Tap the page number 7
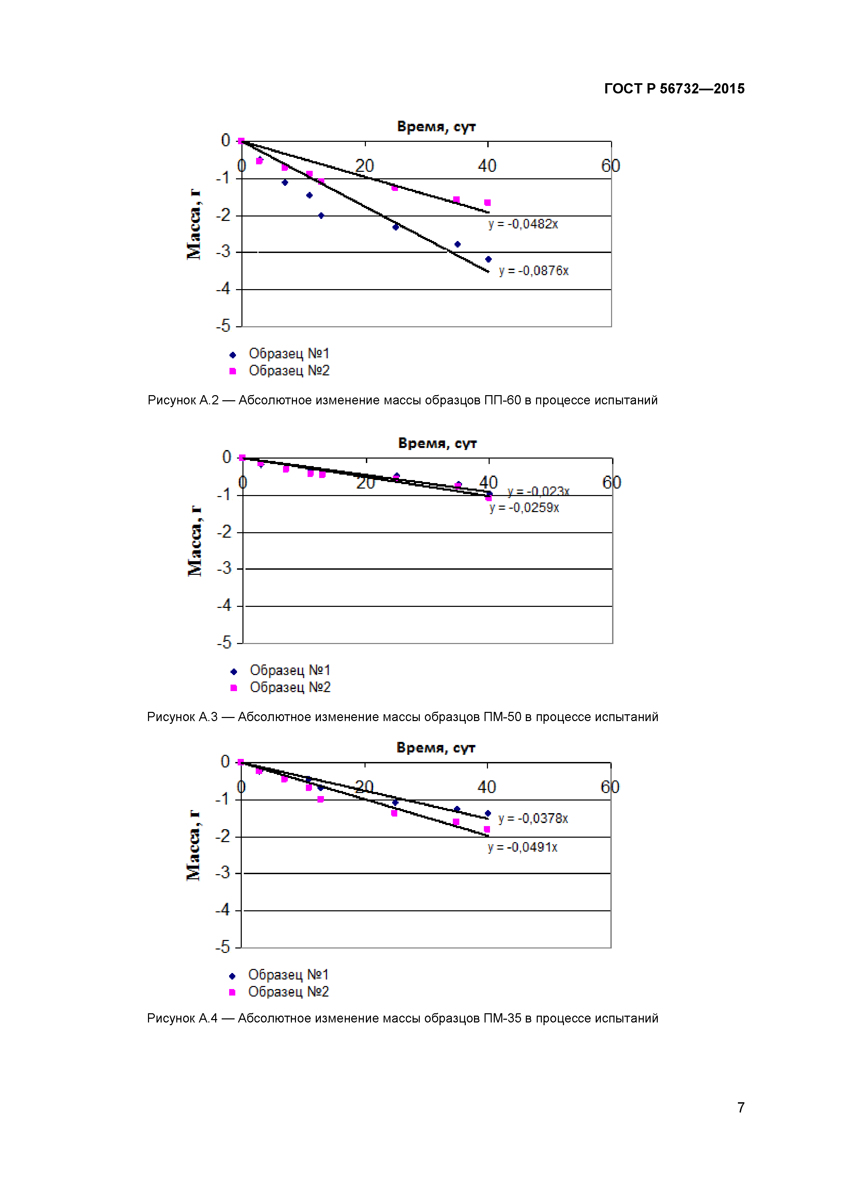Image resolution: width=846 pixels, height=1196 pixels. pos(740,1107)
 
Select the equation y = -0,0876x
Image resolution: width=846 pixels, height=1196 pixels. pos(533,271)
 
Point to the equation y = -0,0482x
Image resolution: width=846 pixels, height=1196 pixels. pos(523,224)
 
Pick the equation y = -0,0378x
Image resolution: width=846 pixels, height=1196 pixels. pos(533,818)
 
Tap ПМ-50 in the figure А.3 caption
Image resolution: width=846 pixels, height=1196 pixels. pos(502,717)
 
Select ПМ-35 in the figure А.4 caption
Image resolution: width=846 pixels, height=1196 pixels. pos(502,1018)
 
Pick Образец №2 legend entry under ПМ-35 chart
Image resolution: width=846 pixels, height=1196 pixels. pos(288,992)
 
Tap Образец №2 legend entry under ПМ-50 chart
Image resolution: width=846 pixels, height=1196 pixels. pos(290,688)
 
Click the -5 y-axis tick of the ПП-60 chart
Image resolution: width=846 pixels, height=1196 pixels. pos(223,326)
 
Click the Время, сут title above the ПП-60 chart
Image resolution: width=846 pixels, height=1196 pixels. pos(436,126)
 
